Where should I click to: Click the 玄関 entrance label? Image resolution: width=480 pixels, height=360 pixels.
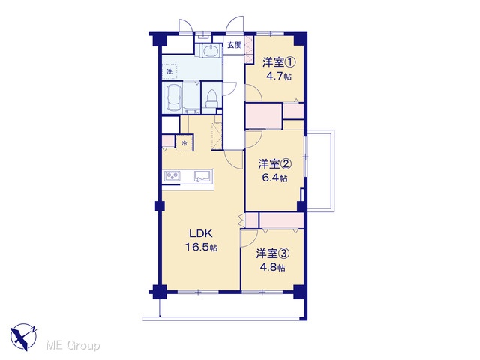(x=235, y=45)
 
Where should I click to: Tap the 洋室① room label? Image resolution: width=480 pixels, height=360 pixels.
(x=279, y=62)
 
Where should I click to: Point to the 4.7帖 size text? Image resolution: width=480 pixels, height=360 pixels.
(x=279, y=76)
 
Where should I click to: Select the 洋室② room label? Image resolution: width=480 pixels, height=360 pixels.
(x=275, y=164)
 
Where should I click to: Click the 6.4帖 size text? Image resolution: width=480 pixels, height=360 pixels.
(x=275, y=178)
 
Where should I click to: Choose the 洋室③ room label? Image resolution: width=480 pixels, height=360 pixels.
(x=273, y=253)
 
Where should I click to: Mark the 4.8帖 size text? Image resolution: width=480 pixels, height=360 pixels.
(x=273, y=267)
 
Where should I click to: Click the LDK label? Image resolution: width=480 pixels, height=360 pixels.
(x=201, y=234)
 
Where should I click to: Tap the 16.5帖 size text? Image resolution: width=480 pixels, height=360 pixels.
(x=201, y=247)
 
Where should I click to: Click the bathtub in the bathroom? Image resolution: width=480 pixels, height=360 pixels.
(x=173, y=98)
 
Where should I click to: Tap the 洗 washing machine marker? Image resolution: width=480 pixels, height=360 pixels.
(x=169, y=72)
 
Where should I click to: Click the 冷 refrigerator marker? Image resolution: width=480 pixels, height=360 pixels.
(x=184, y=143)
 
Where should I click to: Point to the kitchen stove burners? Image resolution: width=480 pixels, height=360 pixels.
(x=172, y=177)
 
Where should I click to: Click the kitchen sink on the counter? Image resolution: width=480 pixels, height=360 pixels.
(x=202, y=177)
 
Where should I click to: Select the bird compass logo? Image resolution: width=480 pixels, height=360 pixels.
(x=23, y=337)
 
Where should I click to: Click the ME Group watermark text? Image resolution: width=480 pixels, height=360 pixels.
(x=73, y=346)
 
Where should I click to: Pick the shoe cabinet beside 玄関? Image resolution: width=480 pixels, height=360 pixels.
(x=250, y=49)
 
